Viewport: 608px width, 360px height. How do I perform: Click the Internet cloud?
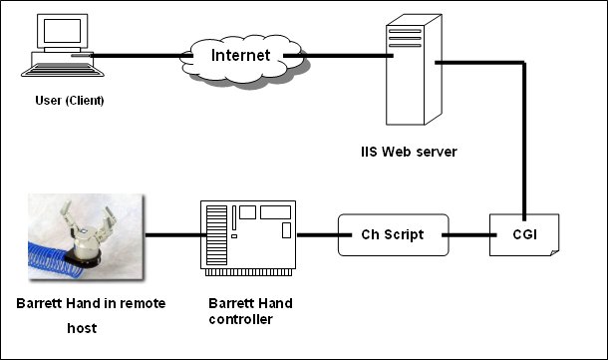[240, 56]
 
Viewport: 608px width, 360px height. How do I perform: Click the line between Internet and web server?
[344, 56]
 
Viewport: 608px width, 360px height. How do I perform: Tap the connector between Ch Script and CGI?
[466, 236]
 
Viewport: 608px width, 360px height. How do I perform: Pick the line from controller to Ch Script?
[317, 236]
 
